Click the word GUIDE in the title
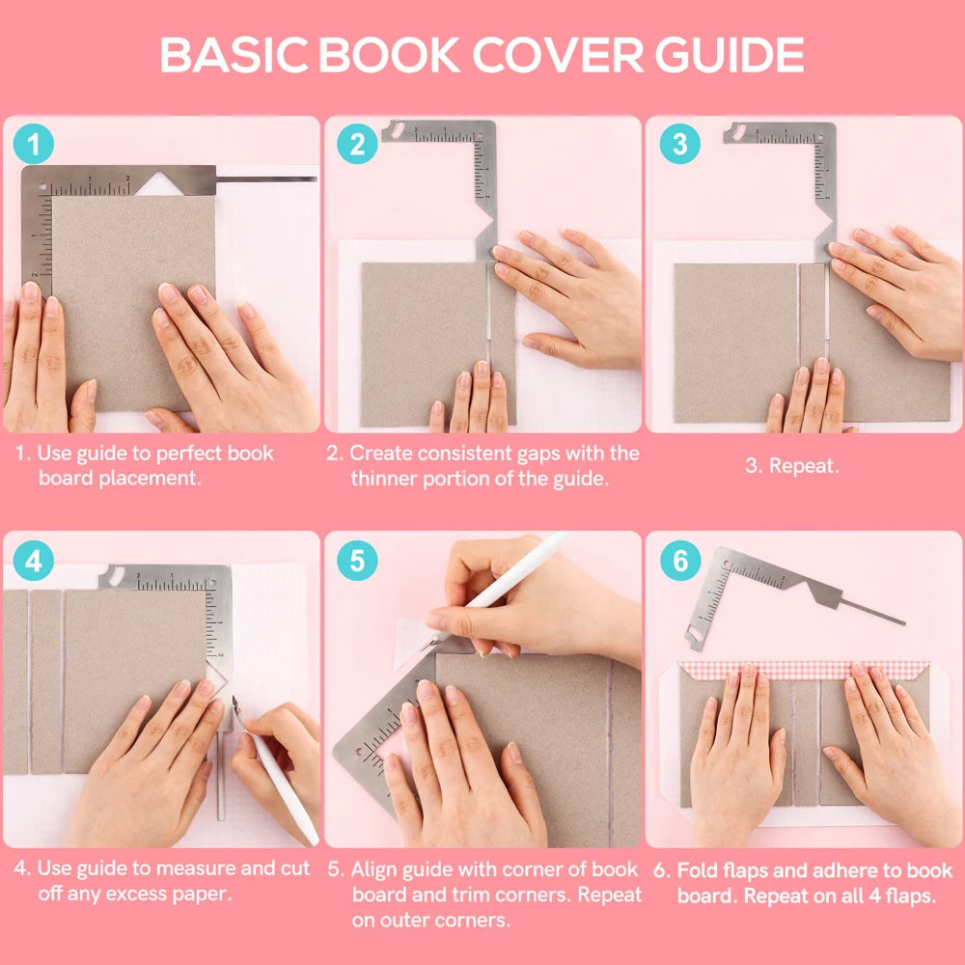(731, 55)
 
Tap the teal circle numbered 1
(34, 146)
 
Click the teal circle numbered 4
(34, 561)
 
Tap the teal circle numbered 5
(357, 561)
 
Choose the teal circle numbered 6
(679, 561)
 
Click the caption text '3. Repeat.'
(791, 465)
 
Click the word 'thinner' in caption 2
(386, 478)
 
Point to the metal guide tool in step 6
(748, 579)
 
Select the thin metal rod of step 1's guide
(265, 179)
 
